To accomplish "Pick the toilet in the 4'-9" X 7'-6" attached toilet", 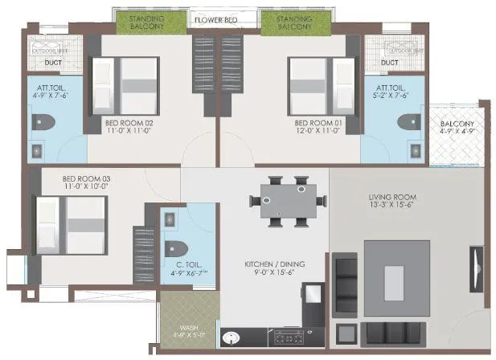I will pos(43,123).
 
